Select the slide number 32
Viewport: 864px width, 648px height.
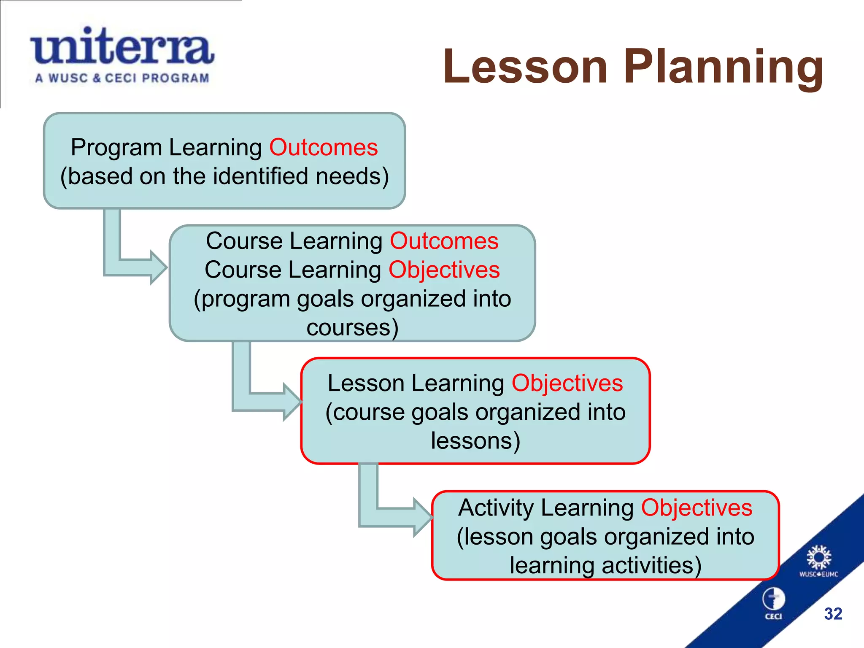(833, 614)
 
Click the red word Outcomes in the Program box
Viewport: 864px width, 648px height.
(324, 148)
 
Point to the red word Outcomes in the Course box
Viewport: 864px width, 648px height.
(444, 241)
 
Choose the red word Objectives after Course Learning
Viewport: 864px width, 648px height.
(444, 270)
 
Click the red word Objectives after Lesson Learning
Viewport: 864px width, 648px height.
(567, 383)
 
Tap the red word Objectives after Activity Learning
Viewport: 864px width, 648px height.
(697, 508)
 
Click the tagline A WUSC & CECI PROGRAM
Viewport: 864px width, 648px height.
(122, 78)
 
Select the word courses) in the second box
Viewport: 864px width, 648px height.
(352, 328)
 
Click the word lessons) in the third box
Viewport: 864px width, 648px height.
(475, 441)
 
